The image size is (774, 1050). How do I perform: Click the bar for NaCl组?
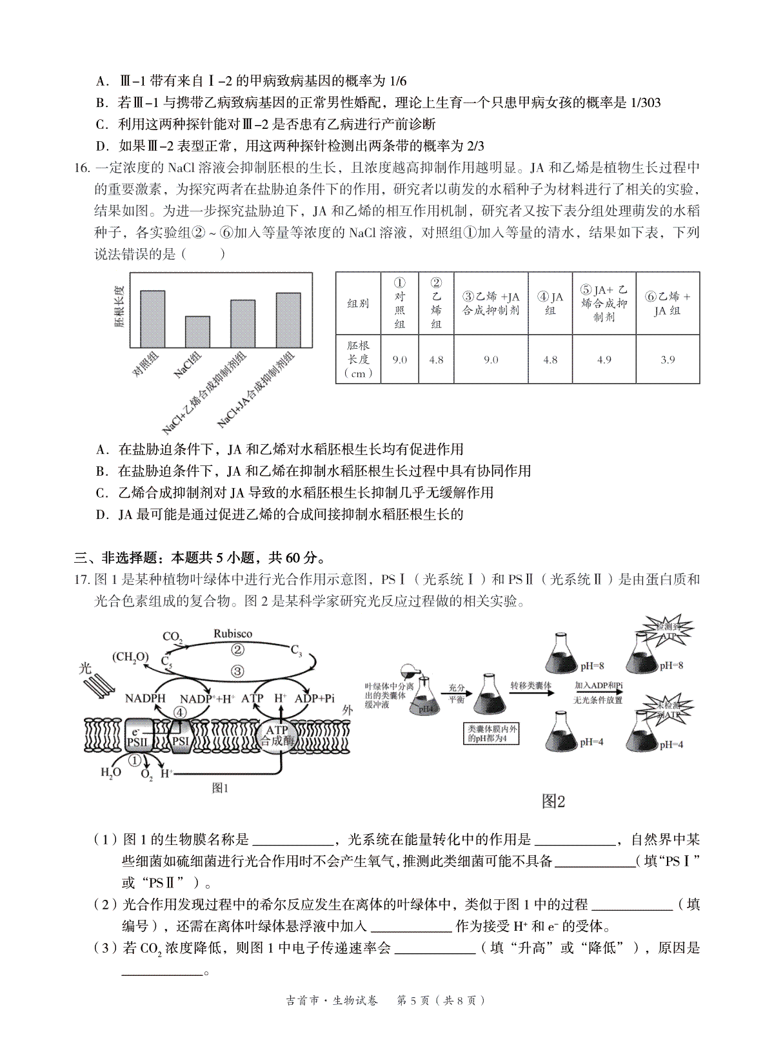point(197,331)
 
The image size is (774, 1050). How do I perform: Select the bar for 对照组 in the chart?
point(152,318)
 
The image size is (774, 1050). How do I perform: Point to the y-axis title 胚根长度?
point(119,307)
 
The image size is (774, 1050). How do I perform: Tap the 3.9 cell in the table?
point(668,360)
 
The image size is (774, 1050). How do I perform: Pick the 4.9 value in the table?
point(604,360)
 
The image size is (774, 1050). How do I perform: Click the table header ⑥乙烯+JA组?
point(668,304)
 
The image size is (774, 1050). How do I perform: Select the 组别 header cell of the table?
point(358,304)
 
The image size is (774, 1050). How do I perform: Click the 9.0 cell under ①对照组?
point(400,360)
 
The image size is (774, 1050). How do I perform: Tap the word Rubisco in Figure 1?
point(233,634)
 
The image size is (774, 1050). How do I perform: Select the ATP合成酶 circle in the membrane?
point(277,735)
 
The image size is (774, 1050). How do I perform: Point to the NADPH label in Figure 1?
point(145,698)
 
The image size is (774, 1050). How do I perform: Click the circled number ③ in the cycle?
point(238,671)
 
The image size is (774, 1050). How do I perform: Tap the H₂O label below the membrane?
point(111,772)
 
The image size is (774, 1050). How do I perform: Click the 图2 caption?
point(553,801)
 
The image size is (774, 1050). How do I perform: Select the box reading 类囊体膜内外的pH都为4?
point(493,733)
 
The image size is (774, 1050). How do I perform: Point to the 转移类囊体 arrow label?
point(531,685)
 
